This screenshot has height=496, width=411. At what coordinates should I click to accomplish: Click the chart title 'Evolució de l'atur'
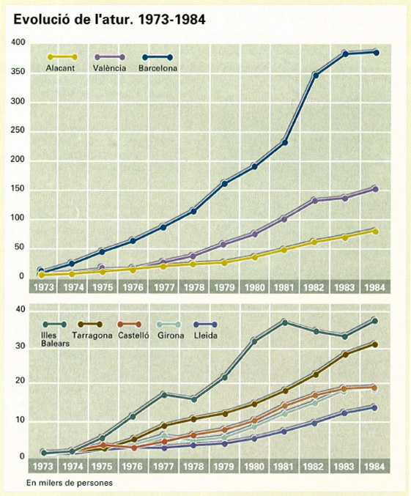(72, 20)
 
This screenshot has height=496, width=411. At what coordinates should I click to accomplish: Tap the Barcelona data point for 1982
(315, 75)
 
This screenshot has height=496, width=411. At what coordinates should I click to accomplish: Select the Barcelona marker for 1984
(376, 53)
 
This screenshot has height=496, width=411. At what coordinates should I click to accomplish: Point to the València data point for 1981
(284, 219)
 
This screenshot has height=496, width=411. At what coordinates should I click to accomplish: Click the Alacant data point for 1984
(376, 232)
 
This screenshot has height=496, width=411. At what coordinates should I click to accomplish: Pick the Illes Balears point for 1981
(284, 322)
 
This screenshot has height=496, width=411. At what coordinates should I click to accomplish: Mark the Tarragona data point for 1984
(375, 344)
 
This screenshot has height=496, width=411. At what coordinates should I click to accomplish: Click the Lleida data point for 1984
(374, 408)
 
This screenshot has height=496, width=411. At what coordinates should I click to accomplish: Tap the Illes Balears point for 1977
(164, 395)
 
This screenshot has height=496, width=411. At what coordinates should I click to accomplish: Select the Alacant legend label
(60, 68)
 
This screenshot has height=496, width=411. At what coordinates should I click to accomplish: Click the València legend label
(109, 68)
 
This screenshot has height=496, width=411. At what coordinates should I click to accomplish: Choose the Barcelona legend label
(158, 68)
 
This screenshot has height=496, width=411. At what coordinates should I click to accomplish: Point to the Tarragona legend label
(92, 336)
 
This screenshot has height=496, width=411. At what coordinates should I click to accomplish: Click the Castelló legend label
(133, 335)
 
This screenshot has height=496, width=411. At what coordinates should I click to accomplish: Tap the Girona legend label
(171, 336)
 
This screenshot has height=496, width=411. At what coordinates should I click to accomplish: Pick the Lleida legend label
(205, 336)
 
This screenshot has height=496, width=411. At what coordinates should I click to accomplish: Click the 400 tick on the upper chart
(18, 42)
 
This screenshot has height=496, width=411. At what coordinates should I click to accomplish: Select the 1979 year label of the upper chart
(224, 287)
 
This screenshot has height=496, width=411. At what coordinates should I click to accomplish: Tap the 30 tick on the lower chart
(21, 346)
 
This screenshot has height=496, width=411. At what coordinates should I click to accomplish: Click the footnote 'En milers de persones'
(70, 483)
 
